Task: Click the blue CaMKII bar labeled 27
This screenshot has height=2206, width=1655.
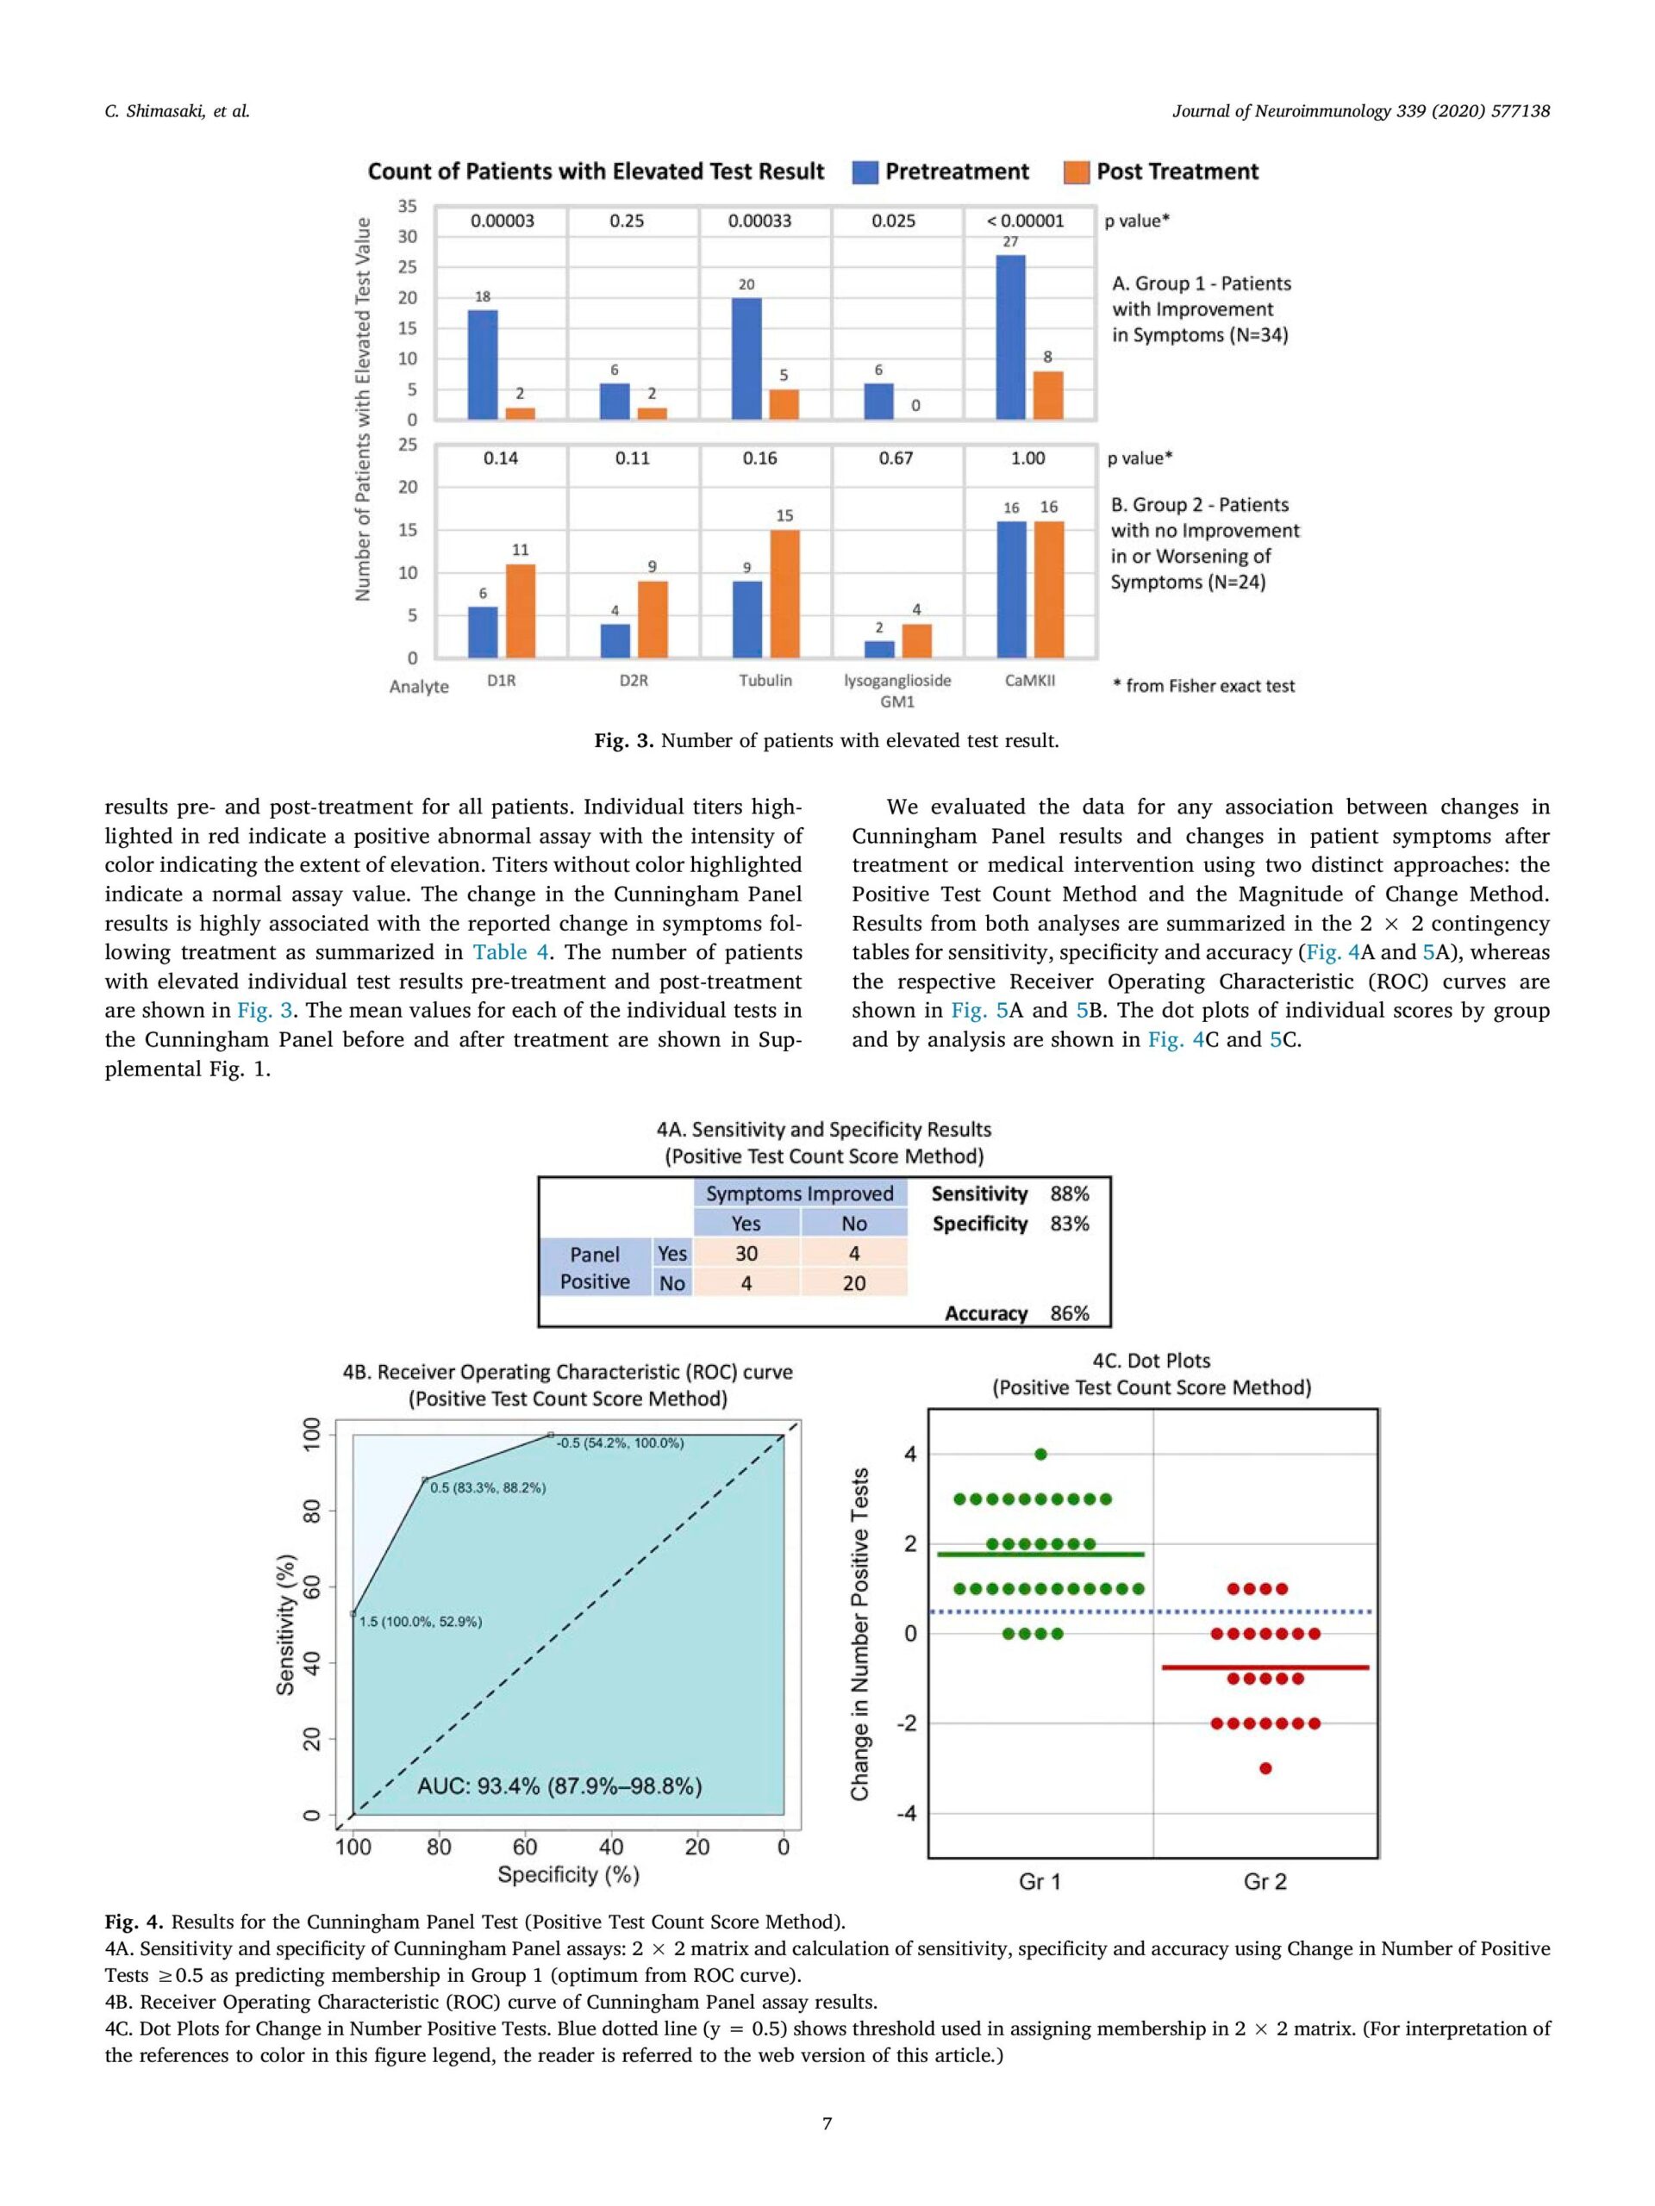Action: (x=1009, y=337)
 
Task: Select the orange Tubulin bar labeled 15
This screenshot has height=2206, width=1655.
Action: (x=784, y=594)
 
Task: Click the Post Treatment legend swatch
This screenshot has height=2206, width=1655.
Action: (x=1077, y=172)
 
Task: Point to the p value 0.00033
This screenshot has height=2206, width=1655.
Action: (x=759, y=221)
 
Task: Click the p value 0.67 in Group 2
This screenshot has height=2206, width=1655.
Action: (x=895, y=458)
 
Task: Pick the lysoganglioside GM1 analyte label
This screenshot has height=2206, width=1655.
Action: (x=896, y=690)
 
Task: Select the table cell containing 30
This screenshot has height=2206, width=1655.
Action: (x=746, y=1254)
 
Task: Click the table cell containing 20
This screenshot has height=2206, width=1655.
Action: (x=854, y=1283)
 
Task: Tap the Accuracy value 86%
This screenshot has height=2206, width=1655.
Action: (x=1070, y=1313)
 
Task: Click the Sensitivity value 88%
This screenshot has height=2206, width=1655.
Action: (x=1070, y=1193)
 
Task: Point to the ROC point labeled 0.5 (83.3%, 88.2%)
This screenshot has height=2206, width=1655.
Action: (x=426, y=1479)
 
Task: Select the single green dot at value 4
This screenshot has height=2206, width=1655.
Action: (x=1040, y=1454)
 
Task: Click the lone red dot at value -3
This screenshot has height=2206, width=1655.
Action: (x=1265, y=1768)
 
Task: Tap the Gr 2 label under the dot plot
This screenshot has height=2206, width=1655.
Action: (x=1265, y=1882)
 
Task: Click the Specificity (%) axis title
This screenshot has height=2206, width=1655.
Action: (x=568, y=1875)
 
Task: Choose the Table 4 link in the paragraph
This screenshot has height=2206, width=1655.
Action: (x=509, y=952)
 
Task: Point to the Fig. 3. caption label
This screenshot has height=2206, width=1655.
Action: (x=623, y=741)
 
